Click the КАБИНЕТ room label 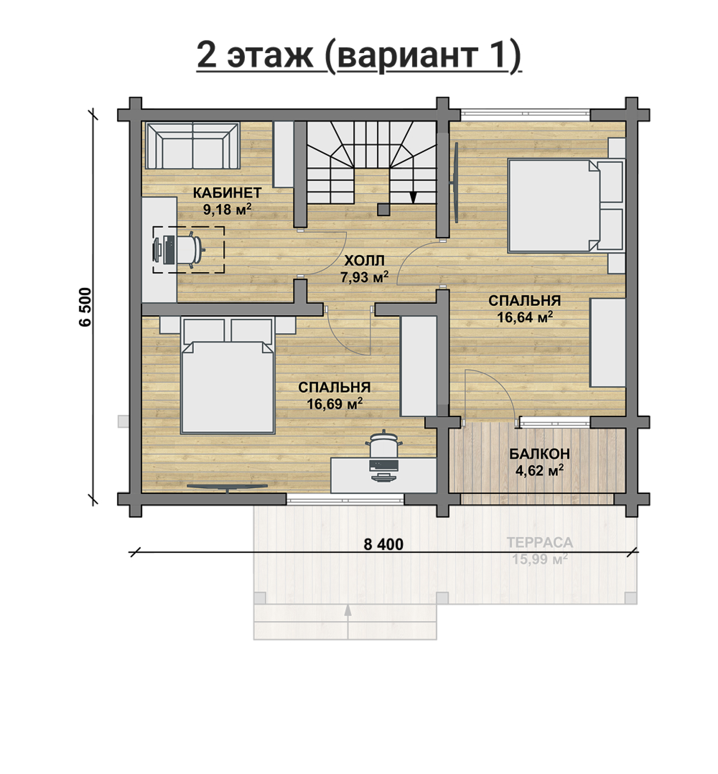pos(227,193)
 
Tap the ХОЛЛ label pos(364,261)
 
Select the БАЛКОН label pos(539,454)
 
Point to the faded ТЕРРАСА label pos(540,543)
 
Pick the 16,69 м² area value pos(335,404)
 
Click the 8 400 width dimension pos(383,544)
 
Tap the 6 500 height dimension pos(85,307)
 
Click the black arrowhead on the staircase pos(413,197)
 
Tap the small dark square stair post pos(383,209)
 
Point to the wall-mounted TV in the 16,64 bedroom pos(455,182)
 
